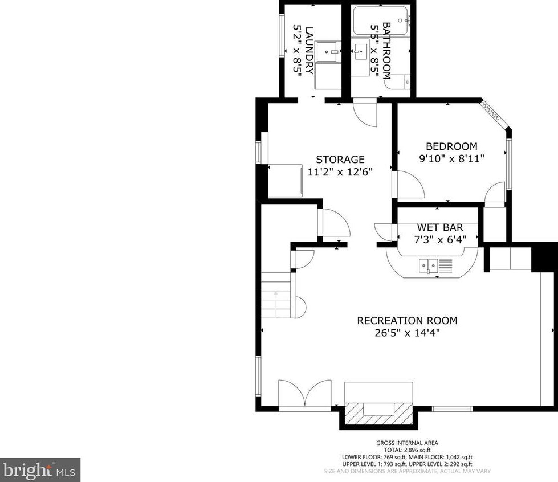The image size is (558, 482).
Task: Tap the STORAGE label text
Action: pos(340,160)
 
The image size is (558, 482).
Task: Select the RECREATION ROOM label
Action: pos(407,321)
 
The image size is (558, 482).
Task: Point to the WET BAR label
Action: pos(440,227)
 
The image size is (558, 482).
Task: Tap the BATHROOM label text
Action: pos(386,51)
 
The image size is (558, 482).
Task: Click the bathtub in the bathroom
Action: pos(381,21)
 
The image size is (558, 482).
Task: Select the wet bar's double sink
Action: pos(429,265)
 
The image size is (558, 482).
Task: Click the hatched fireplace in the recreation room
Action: pos(378,413)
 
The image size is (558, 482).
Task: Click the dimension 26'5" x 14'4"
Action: pos(407,333)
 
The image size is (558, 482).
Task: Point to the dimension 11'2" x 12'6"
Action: pos(340,172)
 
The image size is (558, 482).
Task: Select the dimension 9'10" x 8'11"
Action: pos(451,158)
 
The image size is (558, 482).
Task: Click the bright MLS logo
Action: pos(40,470)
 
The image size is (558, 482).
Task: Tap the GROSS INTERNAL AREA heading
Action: pos(407,443)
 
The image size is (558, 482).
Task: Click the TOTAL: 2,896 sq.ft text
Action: pos(407,450)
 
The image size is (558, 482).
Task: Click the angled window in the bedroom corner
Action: pos(495,115)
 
